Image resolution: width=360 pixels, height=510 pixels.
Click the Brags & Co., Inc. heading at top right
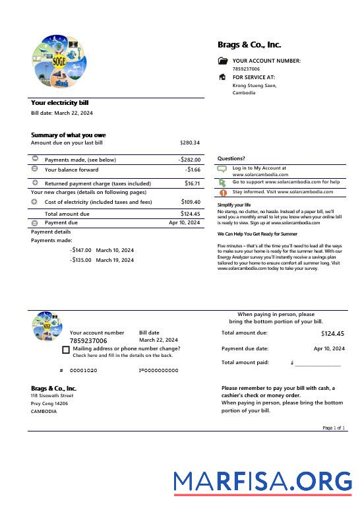pos(249,45)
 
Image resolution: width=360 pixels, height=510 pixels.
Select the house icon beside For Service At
pos(222,77)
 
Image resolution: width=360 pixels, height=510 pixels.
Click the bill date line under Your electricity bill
pos(62,113)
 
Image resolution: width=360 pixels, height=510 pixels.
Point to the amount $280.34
pos(189,143)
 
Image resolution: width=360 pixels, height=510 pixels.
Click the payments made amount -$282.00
pos(189,160)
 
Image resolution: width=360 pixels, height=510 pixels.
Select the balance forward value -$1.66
pos(193,170)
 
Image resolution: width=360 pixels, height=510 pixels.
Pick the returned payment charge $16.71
pos(192,183)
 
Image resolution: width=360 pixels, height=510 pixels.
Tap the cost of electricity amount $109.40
pos(191,202)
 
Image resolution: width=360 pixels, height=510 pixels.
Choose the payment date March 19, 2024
pos(115,260)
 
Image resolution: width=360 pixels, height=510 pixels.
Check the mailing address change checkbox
pos(66,350)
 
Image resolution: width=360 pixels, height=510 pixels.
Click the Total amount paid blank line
pos(318,364)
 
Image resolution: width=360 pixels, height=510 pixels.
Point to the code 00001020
pos(83,371)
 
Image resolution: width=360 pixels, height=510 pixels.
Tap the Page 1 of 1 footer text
pos(334,428)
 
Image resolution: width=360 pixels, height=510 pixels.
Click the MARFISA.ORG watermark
pos(262,482)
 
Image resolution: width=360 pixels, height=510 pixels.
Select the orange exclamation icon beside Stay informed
pos(222,193)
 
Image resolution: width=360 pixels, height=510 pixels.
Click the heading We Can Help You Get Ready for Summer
pos(257,234)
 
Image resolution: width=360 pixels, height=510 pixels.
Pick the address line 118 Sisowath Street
pos(52,396)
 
